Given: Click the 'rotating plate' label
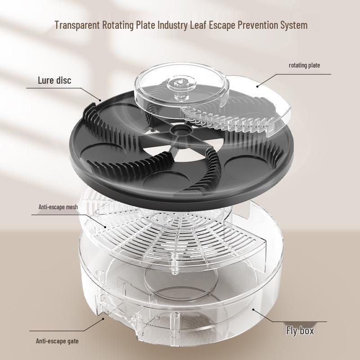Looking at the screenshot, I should click(304, 65).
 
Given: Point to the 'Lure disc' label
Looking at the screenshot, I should click(54, 81).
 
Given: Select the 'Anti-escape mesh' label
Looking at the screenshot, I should click(59, 208).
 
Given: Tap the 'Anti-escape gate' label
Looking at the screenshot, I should click(57, 341).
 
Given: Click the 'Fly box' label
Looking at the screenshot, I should click(300, 331).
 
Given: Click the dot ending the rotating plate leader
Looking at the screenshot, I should click(257, 85).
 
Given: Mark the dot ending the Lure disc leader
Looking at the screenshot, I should click(101, 98).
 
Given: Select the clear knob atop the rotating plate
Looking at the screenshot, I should click(179, 84).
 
